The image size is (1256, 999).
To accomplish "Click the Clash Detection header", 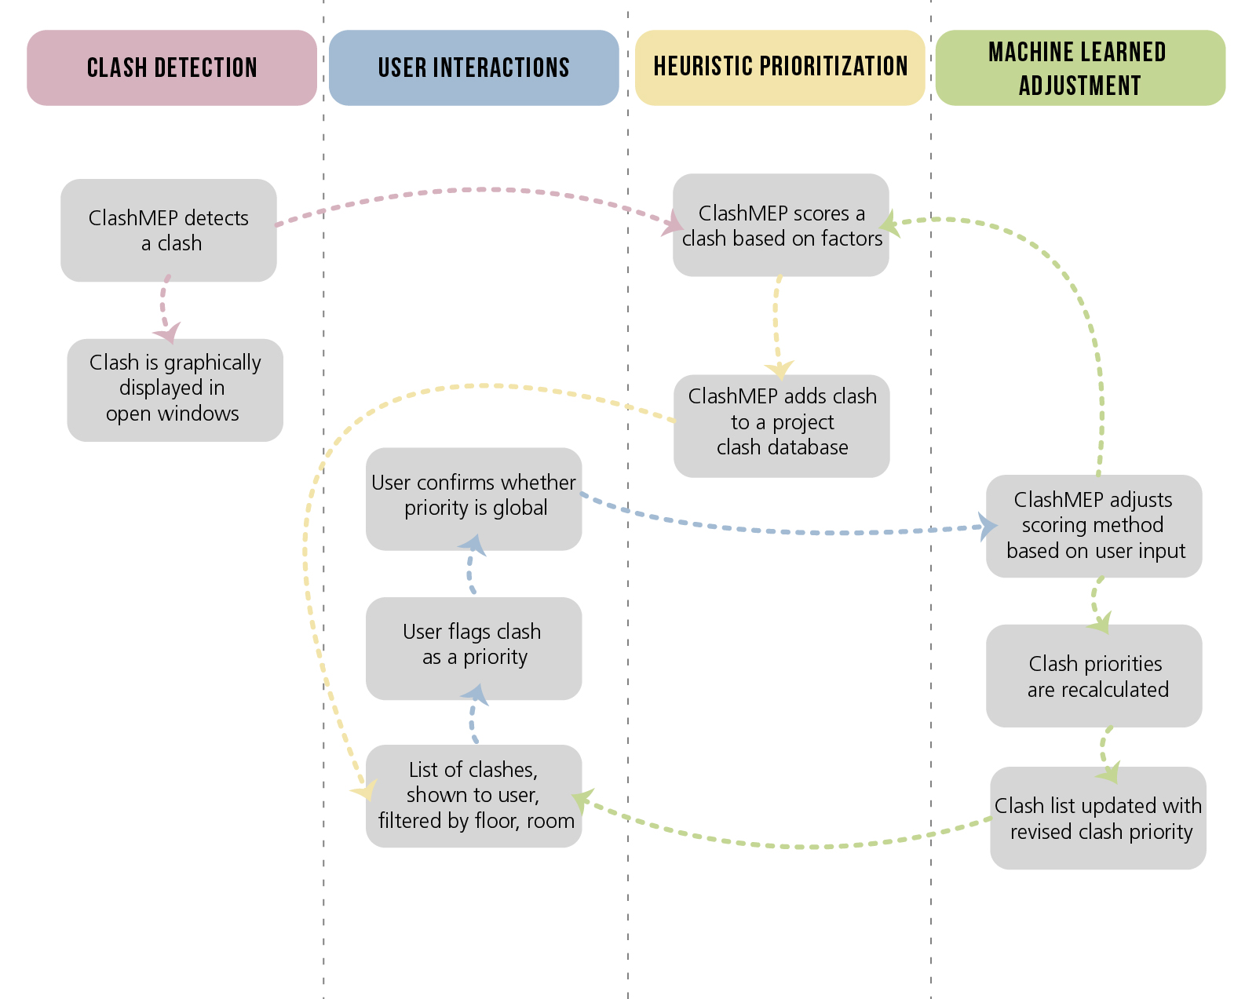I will coord(172,67).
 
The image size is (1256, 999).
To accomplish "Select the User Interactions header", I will coord(473,67).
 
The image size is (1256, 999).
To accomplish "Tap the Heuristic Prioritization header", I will coord(780,67).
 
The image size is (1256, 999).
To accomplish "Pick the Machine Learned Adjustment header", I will coord(1080,67).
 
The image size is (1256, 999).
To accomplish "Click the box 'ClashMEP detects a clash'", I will coord(169,230).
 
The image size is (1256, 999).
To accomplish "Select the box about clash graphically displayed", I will coord(174,389).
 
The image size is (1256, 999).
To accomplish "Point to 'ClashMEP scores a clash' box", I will coord(780,225).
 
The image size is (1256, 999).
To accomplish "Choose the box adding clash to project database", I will coord(781,425).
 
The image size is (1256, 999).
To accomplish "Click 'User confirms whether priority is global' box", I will coord(473,498).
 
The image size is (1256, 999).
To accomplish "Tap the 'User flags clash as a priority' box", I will coord(473,648).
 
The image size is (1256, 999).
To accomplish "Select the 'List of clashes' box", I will coord(473,795).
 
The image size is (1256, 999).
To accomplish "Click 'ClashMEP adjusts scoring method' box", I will coord(1094,526).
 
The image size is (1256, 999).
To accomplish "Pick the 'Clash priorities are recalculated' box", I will coord(1094,676).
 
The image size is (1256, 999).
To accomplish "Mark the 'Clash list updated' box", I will coord(1097,818).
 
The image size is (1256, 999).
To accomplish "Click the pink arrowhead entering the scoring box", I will coord(672,223).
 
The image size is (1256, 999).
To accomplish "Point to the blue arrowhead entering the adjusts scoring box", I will coord(988,527).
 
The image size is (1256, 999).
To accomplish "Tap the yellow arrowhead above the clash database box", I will coord(780,369).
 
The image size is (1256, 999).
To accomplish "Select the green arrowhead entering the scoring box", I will coord(889,224).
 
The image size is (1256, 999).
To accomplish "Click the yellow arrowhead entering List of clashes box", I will coord(365,790).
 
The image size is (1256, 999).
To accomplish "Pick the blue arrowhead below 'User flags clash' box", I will coord(474,695).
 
